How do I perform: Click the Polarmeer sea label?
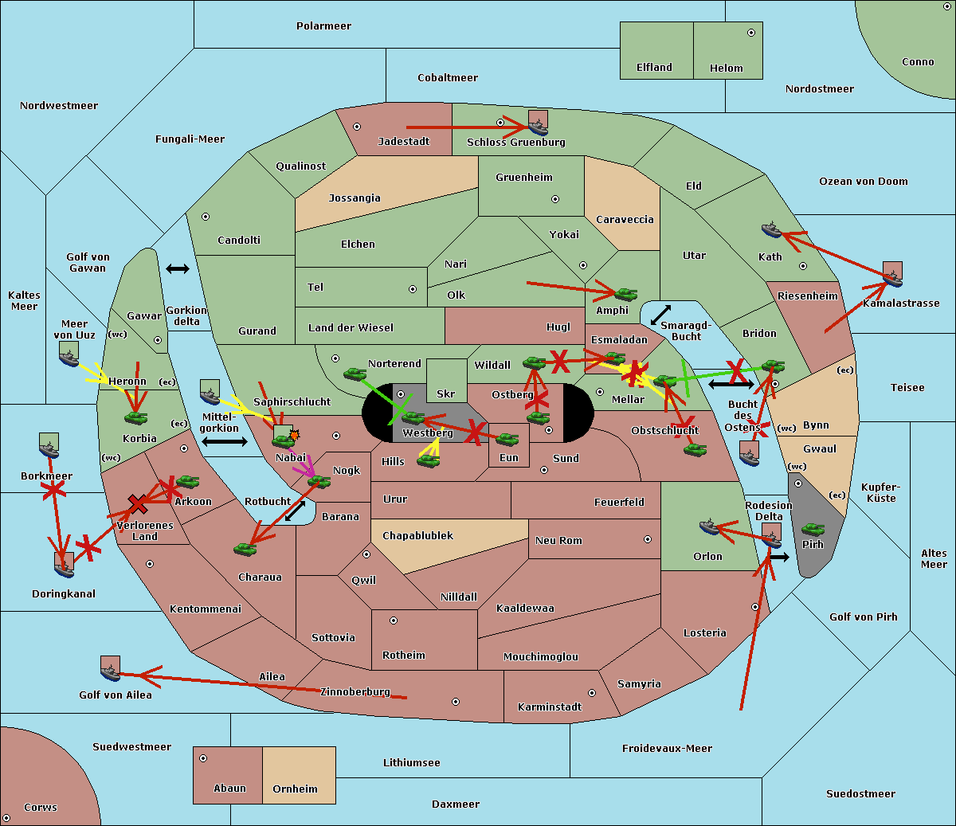pyautogui.click(x=323, y=26)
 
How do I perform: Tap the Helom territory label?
pyautogui.click(x=726, y=69)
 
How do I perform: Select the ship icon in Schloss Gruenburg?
pyautogui.click(x=538, y=124)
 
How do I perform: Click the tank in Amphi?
pyautogui.click(x=626, y=294)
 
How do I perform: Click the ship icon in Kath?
pyautogui.click(x=772, y=230)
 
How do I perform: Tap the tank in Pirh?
pyautogui.click(x=813, y=530)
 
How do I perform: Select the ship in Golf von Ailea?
pyautogui.click(x=110, y=669)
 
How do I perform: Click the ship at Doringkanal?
pyautogui.click(x=64, y=565)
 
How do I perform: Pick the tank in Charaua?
pyautogui.click(x=245, y=549)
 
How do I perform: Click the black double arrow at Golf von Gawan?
pyautogui.click(x=178, y=268)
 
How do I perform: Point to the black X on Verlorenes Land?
pyautogui.click(x=138, y=503)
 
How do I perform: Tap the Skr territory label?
pyautogui.click(x=446, y=393)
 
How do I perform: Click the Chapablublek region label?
pyautogui.click(x=417, y=536)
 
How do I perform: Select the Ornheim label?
pyautogui.click(x=295, y=789)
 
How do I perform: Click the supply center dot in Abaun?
pyautogui.click(x=203, y=758)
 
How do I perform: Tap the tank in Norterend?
pyautogui.click(x=355, y=374)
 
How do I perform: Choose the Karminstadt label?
pyautogui.click(x=550, y=707)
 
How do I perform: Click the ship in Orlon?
pyautogui.click(x=710, y=526)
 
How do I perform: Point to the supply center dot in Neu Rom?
pyautogui.click(x=648, y=539)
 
